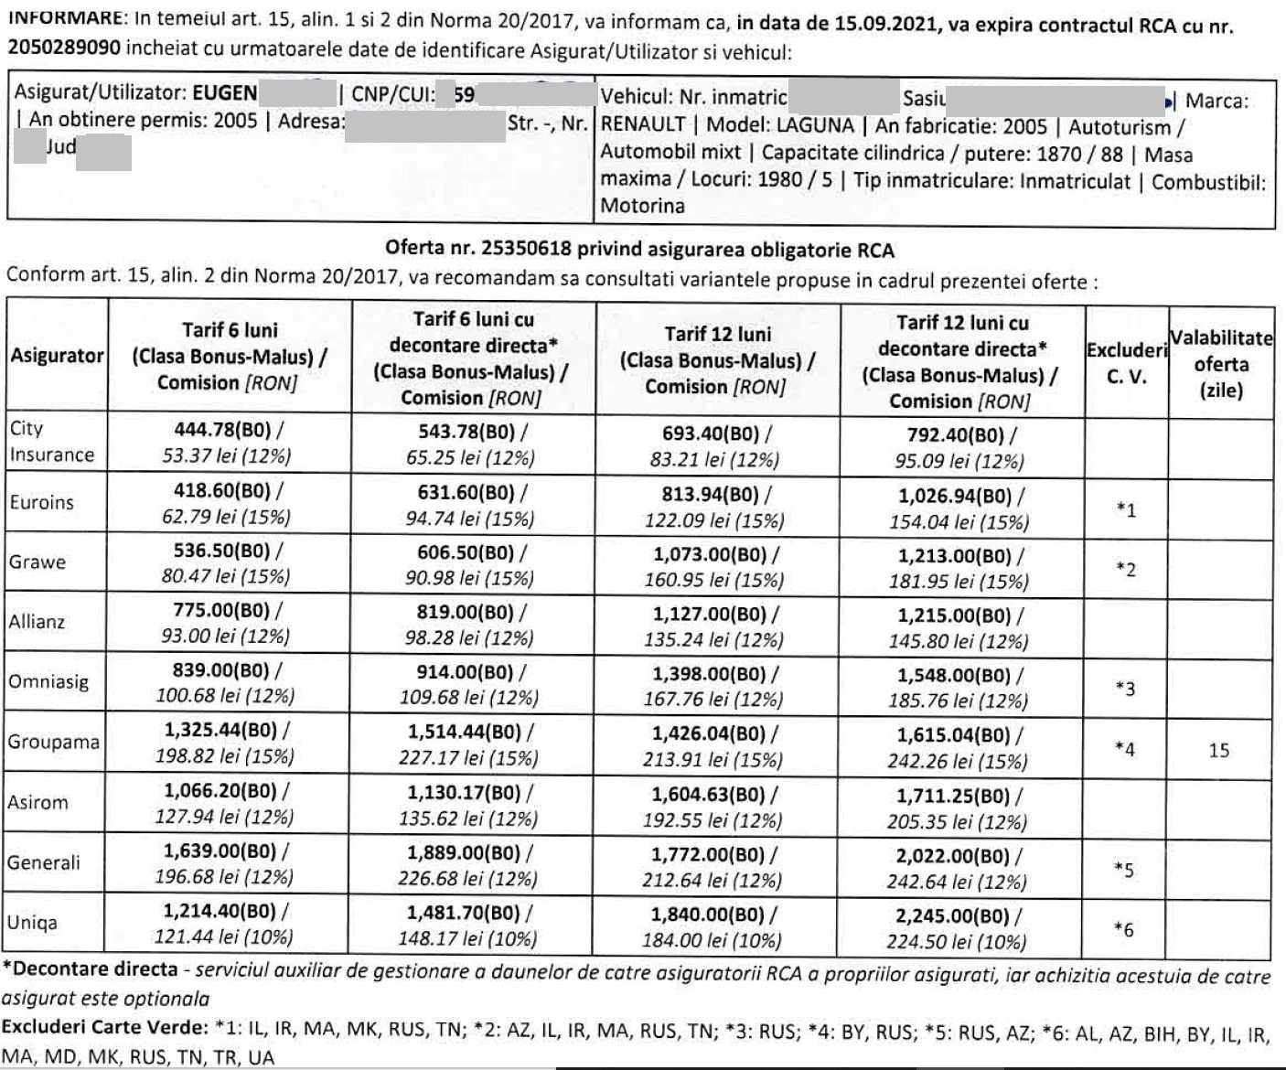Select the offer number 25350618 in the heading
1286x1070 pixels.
click(521, 249)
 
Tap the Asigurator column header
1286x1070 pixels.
click(57, 357)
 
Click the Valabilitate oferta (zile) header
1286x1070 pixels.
click(1220, 364)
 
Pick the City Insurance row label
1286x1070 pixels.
click(51, 442)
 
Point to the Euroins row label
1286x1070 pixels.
click(41, 502)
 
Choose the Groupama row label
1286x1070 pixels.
click(53, 742)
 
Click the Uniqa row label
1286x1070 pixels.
click(32, 922)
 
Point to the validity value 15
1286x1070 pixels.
click(1218, 751)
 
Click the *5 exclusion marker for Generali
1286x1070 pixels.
click(1125, 870)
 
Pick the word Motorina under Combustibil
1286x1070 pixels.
click(642, 206)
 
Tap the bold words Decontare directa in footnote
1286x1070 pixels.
click(94, 969)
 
